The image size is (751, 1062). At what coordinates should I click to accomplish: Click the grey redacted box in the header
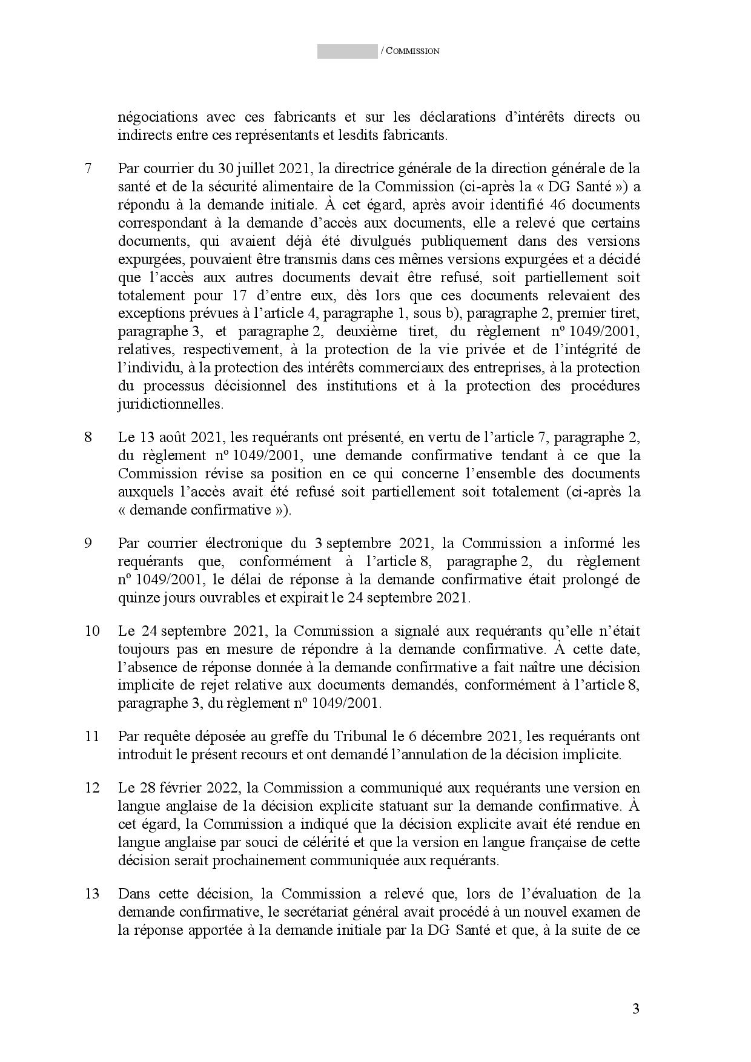(347, 51)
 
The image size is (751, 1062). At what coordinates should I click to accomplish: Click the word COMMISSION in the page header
(412, 51)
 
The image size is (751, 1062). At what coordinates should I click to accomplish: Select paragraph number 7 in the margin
(88, 168)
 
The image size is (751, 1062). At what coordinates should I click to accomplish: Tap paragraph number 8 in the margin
(88, 437)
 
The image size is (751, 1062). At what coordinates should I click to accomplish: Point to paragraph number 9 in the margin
(88, 543)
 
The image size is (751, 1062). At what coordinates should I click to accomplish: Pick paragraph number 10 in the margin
(92, 631)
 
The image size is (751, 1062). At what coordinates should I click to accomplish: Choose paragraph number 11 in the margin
(92, 737)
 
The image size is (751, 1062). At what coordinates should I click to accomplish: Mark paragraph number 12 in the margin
(92, 788)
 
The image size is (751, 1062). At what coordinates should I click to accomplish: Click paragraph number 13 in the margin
(92, 894)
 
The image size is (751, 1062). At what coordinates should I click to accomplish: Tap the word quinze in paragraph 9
(135, 598)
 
